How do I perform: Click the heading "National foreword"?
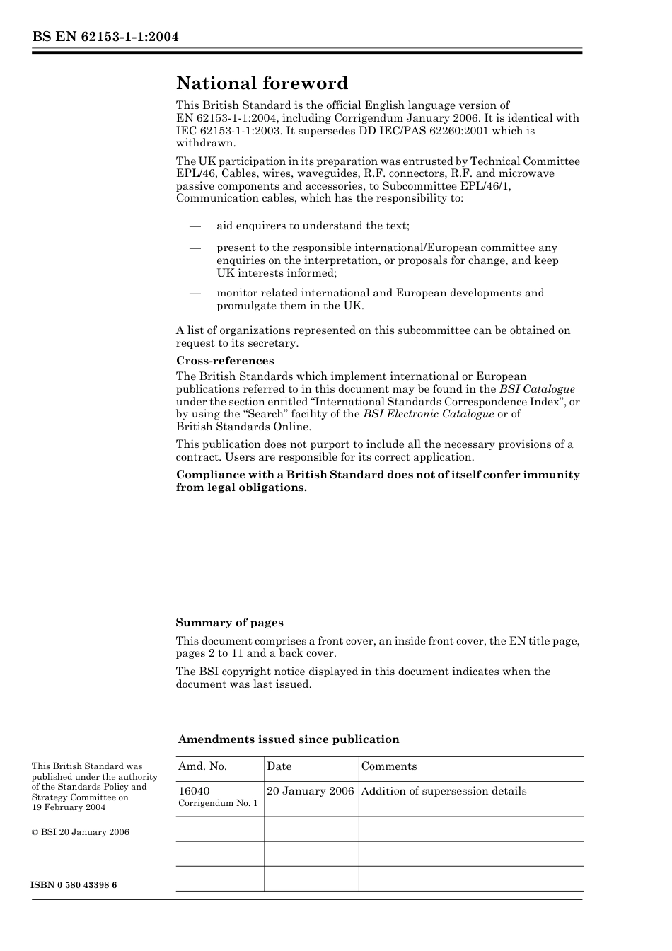pyautogui.click(x=262, y=83)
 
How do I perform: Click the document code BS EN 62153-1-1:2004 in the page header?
pyautogui.click(x=105, y=37)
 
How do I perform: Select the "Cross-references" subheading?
pyautogui.click(x=225, y=361)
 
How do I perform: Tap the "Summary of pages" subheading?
pyautogui.click(x=229, y=623)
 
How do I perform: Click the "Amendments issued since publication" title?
pyautogui.click(x=289, y=739)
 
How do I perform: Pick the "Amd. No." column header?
pyautogui.click(x=202, y=766)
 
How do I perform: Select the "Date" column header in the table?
pyautogui.click(x=279, y=766)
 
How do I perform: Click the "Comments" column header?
pyautogui.click(x=389, y=766)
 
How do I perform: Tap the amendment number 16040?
pyautogui.click(x=194, y=791)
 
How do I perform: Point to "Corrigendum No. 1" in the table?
pyautogui.click(x=218, y=803)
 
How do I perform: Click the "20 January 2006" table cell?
pyautogui.click(x=310, y=791)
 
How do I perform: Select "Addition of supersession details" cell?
pyautogui.click(x=444, y=791)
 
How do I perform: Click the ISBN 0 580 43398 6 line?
pyautogui.click(x=74, y=885)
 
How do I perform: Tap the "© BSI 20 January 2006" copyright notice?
pyautogui.click(x=81, y=832)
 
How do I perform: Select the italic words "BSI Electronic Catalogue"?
pyautogui.click(x=428, y=414)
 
